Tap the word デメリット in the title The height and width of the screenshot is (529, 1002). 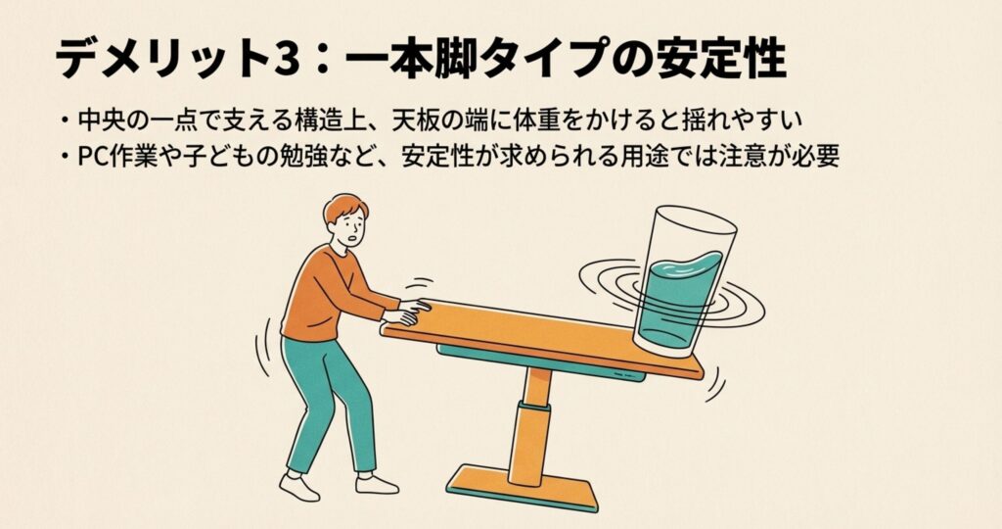click(x=159, y=59)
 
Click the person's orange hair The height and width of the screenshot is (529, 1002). click(x=345, y=207)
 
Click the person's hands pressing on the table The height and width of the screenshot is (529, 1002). click(x=408, y=312)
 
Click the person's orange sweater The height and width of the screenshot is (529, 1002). click(x=329, y=294)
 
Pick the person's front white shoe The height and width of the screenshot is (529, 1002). click(x=377, y=484)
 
